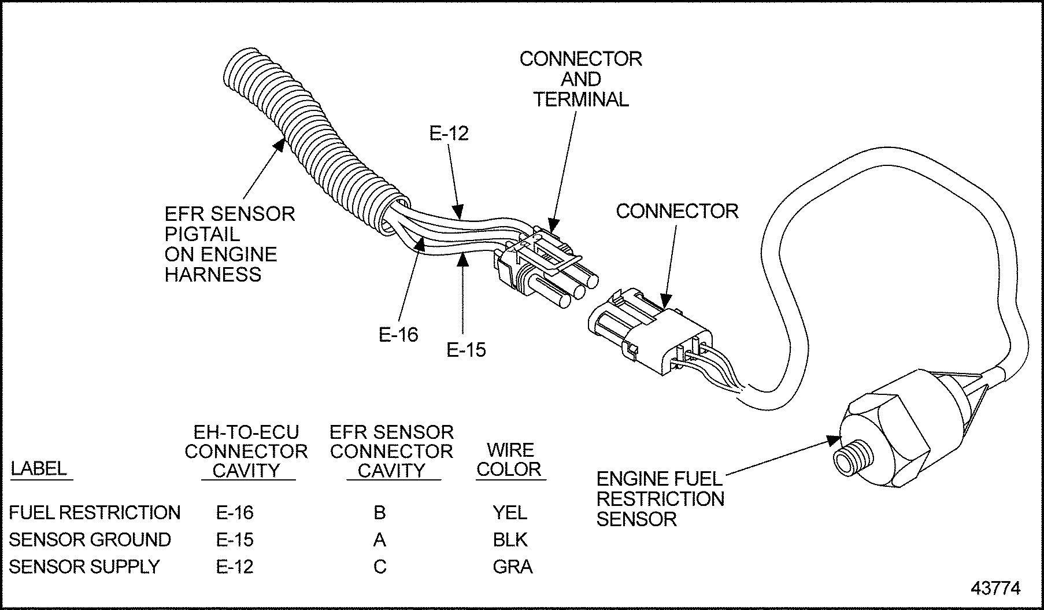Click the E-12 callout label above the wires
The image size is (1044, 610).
[449, 134]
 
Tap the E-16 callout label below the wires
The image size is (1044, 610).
[398, 334]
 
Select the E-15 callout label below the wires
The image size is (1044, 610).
[466, 349]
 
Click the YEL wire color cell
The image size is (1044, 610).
[509, 512]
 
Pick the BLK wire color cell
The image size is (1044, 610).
[510, 539]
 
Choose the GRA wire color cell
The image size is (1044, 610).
[512, 567]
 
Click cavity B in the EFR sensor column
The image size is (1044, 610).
[380, 512]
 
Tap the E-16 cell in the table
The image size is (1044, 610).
[235, 512]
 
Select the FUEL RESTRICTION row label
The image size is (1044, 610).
[95, 512]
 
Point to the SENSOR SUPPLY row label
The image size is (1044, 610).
[84, 567]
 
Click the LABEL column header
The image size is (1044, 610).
[39, 468]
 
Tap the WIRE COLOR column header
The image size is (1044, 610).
[509, 460]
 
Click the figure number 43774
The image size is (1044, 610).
[995, 588]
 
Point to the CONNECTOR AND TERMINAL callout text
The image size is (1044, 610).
[580, 79]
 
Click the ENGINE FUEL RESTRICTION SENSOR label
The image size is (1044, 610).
[660, 498]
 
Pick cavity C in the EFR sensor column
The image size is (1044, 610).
[380, 567]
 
